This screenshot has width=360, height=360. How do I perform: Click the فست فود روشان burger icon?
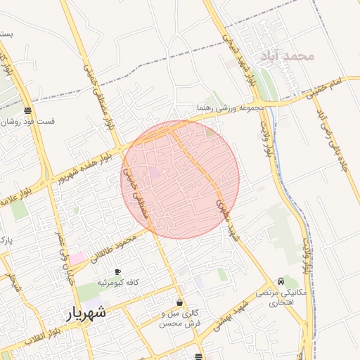click(x=27, y=110)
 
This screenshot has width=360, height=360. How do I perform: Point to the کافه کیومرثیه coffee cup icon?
click(x=117, y=271)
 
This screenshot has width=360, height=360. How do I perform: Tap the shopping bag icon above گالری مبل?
click(x=180, y=302)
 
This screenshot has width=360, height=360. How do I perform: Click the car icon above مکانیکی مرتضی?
click(x=281, y=281)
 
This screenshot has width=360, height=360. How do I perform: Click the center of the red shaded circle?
click(x=181, y=179)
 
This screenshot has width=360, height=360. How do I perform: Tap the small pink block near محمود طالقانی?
click(x=76, y=258)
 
